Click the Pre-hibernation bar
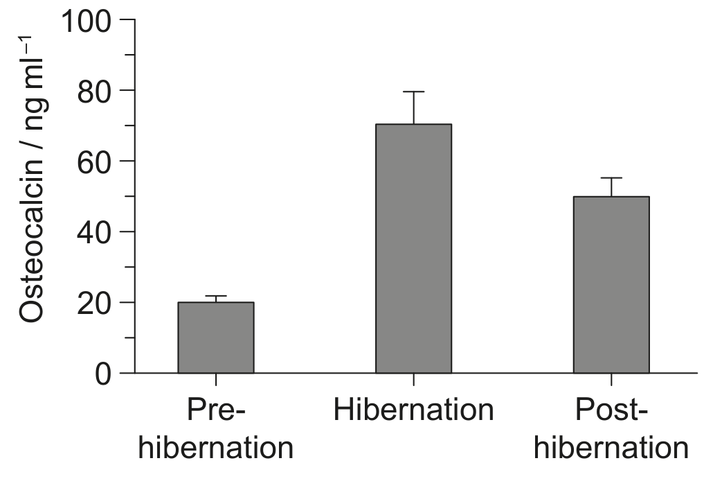pos(216,338)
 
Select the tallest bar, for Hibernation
pos(414,248)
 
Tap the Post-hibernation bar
pos(612,285)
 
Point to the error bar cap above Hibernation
pos(414,91)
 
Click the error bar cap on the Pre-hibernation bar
pos(216,296)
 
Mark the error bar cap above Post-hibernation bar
pos(612,177)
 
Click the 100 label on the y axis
pos(85,21)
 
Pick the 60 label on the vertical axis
pos(94,162)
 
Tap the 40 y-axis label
pos(94,233)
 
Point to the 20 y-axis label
pos(94,304)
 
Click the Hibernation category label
pos(414,410)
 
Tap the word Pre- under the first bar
pos(216,410)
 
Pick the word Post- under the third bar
pos(611,410)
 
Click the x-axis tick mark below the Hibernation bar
pos(414,379)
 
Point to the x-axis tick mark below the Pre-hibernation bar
pos(216,379)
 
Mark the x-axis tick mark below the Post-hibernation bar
pos(612,379)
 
